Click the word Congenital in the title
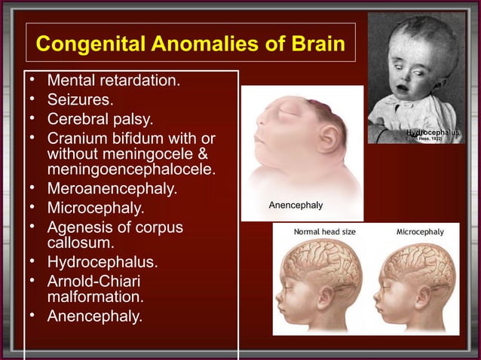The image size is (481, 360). [84, 44]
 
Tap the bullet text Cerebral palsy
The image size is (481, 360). [100, 119]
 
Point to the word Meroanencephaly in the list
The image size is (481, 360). [112, 188]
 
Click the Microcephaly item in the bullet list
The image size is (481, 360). [96, 207]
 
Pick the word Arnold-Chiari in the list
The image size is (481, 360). [93, 280]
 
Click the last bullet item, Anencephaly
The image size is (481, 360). [94, 316]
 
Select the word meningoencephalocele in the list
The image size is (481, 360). [130, 169]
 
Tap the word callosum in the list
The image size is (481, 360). [81, 243]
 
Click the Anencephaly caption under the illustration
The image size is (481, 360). [296, 205]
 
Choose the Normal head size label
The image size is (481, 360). [324, 232]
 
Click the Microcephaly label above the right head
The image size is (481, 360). [420, 232]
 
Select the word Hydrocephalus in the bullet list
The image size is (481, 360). [103, 262]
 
